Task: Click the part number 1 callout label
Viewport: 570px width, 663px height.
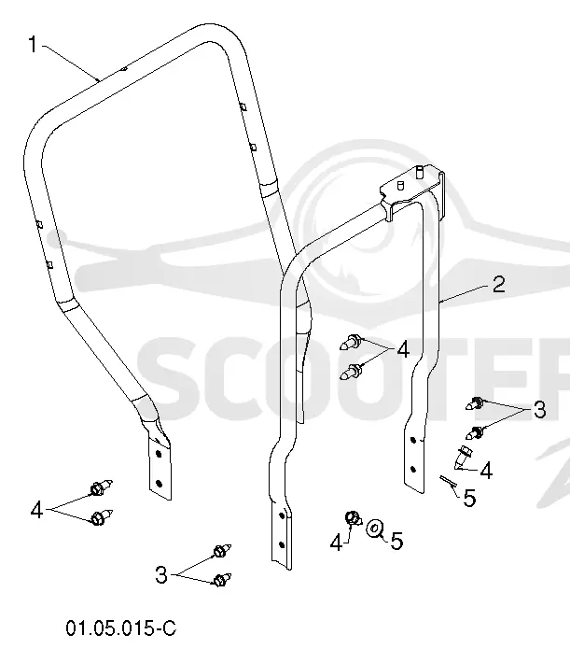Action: (x=33, y=45)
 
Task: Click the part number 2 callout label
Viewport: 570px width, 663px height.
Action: (x=498, y=284)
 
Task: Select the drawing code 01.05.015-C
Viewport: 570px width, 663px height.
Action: (x=121, y=628)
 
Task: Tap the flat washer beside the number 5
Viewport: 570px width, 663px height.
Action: (x=374, y=529)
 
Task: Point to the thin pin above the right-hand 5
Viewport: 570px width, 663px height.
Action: (x=447, y=481)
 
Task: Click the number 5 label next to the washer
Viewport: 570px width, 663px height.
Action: (x=396, y=541)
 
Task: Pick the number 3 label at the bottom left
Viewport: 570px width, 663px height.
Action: (x=161, y=575)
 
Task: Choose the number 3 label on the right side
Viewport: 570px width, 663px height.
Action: (x=539, y=409)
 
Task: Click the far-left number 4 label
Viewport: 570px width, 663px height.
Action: (x=36, y=510)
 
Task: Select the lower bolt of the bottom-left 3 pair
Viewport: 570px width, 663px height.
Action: (x=222, y=580)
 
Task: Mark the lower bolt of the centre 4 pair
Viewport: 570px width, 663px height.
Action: (x=351, y=372)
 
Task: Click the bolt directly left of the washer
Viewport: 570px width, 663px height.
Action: (x=353, y=517)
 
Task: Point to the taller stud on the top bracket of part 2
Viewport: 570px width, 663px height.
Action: (x=419, y=171)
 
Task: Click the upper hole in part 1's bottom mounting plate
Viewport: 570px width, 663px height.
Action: (x=159, y=454)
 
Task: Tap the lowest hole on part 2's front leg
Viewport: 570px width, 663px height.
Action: (x=282, y=544)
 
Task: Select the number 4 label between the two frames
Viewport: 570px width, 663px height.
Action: (x=403, y=350)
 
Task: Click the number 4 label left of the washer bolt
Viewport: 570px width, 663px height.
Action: (x=336, y=542)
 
